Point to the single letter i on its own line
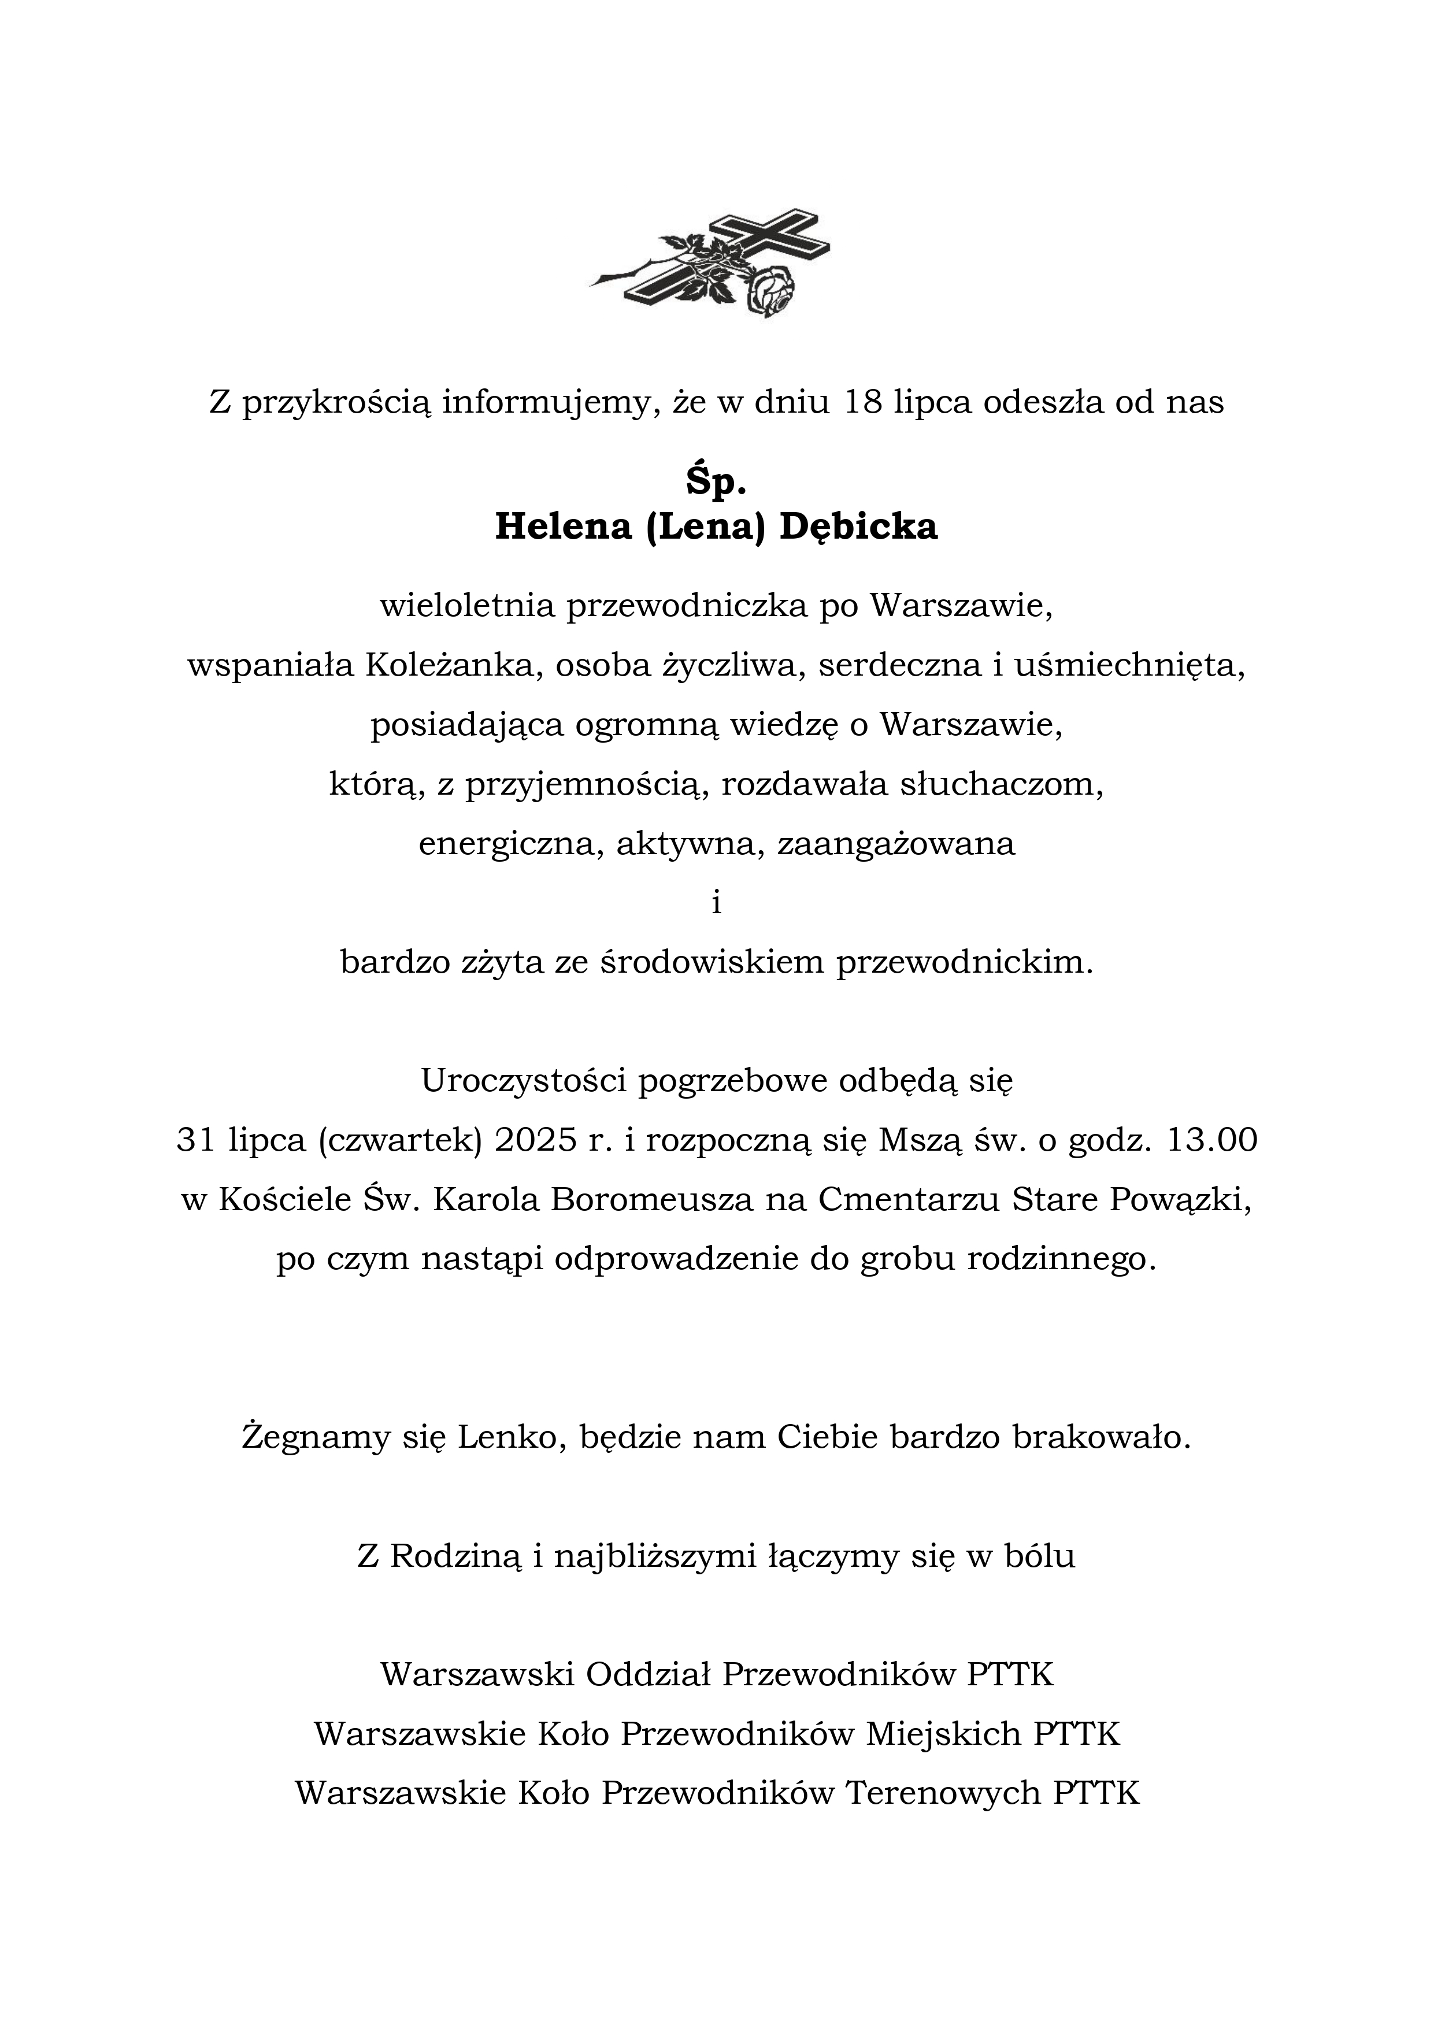(717, 903)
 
